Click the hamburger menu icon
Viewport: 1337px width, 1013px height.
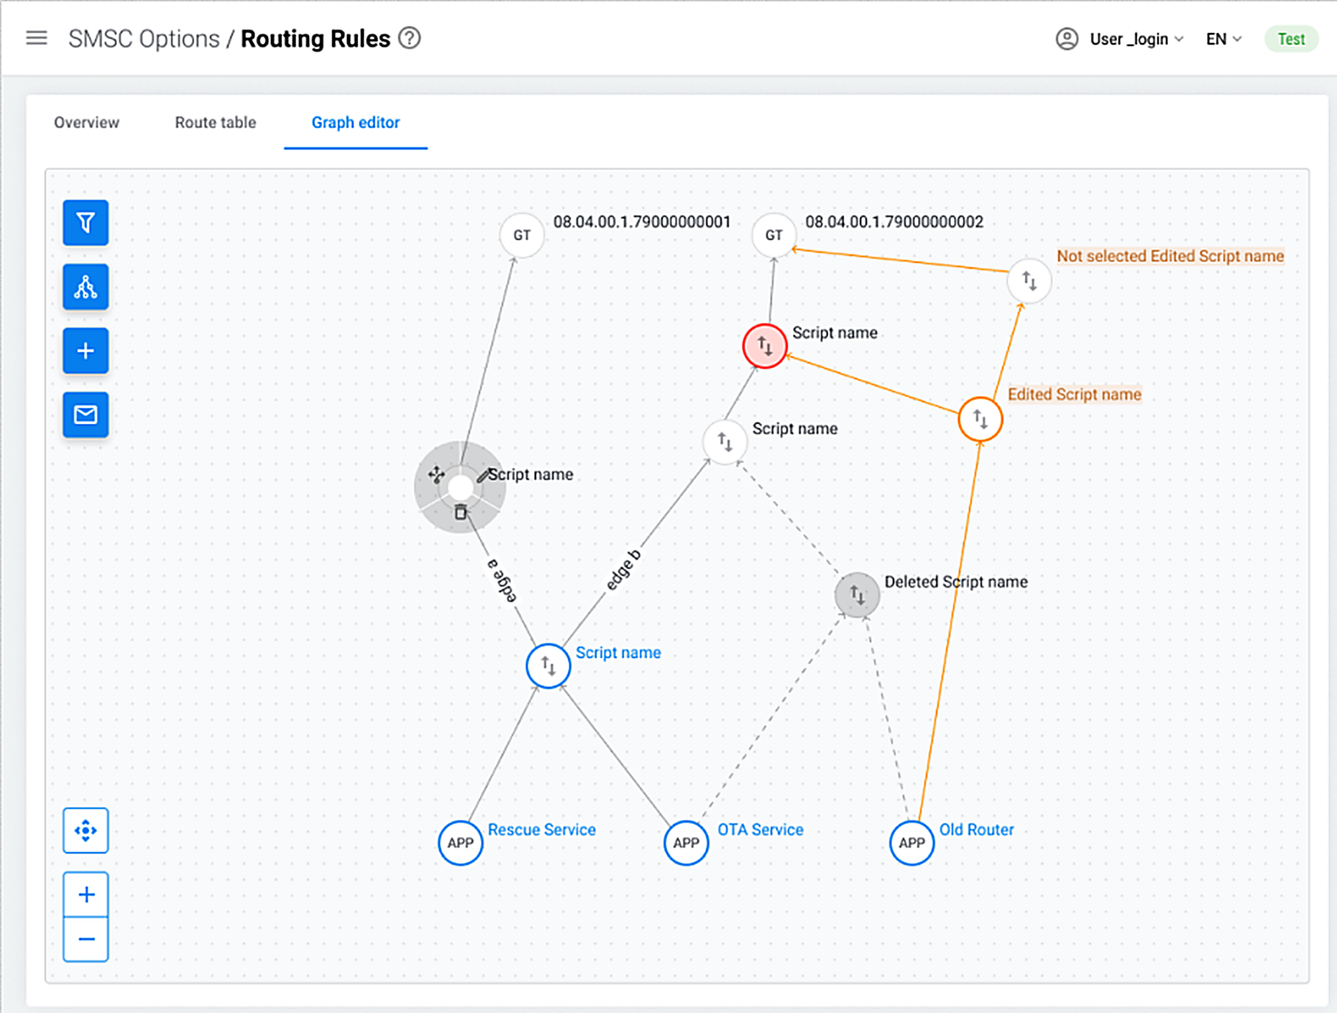click(37, 38)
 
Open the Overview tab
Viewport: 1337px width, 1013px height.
click(87, 122)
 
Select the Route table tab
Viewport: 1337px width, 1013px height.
click(216, 122)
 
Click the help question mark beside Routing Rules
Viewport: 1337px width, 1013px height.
click(410, 38)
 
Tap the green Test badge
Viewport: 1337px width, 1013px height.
click(1291, 39)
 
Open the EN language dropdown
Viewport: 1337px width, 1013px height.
click(1223, 39)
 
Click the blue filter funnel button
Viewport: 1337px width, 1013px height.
click(86, 223)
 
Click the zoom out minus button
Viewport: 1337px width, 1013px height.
click(86, 939)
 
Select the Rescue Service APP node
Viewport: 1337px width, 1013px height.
click(461, 843)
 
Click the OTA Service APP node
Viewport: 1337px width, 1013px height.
click(686, 843)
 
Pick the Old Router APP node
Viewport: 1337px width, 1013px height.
click(912, 843)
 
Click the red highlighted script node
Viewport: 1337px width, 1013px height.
click(765, 346)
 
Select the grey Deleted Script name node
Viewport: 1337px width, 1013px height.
click(857, 595)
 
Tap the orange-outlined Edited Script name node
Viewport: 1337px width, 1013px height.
click(980, 419)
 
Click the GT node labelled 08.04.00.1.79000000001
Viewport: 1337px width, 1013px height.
click(522, 235)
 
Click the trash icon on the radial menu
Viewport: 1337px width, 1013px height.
click(461, 512)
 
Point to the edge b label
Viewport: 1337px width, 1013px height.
click(623, 570)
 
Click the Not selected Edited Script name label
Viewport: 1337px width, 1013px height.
click(1170, 256)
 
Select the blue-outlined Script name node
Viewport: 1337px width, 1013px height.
click(548, 666)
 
